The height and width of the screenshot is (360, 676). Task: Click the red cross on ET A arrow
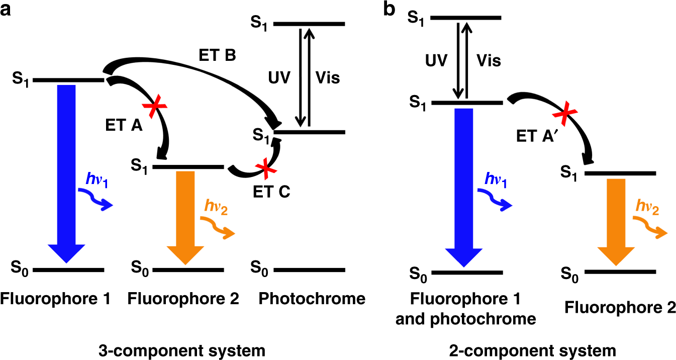pyautogui.click(x=155, y=106)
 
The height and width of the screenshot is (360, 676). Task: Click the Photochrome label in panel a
pyautogui.click(x=312, y=299)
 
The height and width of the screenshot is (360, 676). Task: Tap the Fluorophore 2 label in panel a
pyautogui.click(x=183, y=299)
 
